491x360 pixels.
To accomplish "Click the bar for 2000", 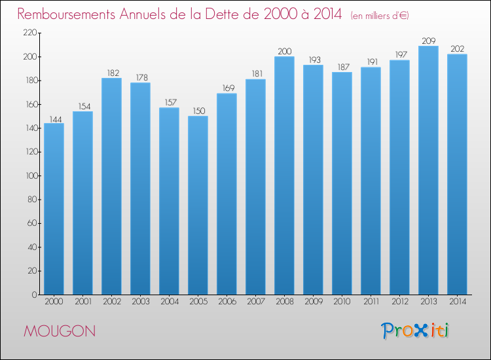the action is tap(54, 209).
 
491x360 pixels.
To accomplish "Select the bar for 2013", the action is tap(428, 170).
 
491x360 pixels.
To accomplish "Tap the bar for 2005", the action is tap(198, 206).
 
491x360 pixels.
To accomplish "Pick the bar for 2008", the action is tap(284, 175).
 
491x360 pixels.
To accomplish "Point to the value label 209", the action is tap(429, 41).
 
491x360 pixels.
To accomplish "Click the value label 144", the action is tap(56, 119).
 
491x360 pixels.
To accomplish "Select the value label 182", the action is tap(113, 73).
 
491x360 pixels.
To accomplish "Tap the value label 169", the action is tap(228, 88).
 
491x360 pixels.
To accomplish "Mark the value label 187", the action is tap(344, 67).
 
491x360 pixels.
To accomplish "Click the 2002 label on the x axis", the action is tap(112, 302).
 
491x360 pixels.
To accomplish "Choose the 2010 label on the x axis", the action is tap(342, 302).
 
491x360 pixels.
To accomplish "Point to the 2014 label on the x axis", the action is tap(458, 302).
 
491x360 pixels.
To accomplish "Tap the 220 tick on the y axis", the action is tap(29, 33).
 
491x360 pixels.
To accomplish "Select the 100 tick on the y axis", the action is tap(31, 175).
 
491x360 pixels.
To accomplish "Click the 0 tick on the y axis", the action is tap(34, 295).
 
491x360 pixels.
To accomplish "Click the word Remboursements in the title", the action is tap(66, 14).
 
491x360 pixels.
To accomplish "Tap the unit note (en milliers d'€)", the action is tap(380, 16).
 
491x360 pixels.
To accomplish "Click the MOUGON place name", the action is tap(60, 331).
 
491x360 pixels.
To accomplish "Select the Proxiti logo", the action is tap(415, 331).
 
